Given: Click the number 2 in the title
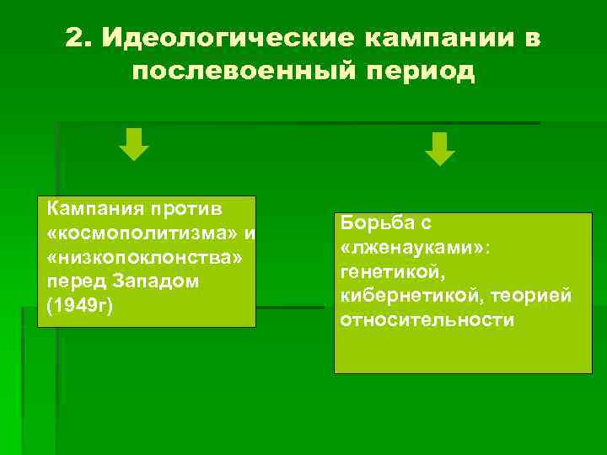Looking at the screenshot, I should pyautogui.click(x=75, y=40).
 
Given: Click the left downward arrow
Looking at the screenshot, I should pyautogui.click(x=133, y=144).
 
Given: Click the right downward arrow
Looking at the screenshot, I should pyautogui.click(x=439, y=148).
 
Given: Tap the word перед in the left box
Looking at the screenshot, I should pyautogui.click(x=72, y=281).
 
